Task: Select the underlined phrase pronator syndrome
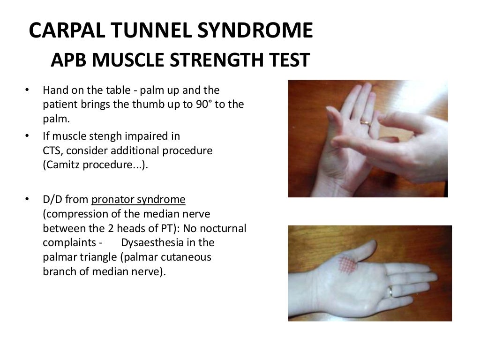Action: (138, 199)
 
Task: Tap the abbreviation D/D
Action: (52, 199)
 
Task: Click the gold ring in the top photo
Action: (365, 122)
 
